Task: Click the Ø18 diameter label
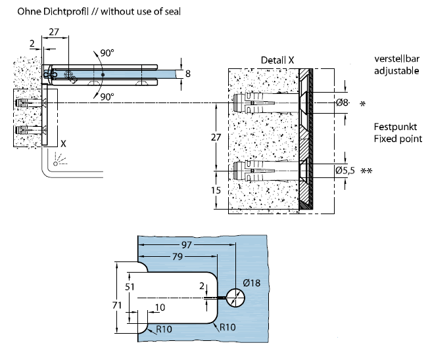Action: pyautogui.click(x=251, y=282)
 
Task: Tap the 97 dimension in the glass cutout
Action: pyautogui.click(x=187, y=244)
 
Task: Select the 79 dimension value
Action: pyautogui.click(x=178, y=256)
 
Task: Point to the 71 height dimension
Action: pyautogui.click(x=117, y=305)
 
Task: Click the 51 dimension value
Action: pyautogui.click(x=130, y=287)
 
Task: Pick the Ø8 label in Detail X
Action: pyautogui.click(x=343, y=102)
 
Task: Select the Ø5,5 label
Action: pyautogui.click(x=345, y=170)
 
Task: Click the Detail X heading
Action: pyautogui.click(x=277, y=60)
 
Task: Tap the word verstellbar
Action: pyautogui.click(x=397, y=59)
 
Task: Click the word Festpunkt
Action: pyautogui.click(x=395, y=127)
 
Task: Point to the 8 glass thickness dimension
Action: pyautogui.click(x=188, y=74)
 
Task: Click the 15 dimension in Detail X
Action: pyautogui.click(x=216, y=190)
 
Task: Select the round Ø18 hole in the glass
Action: pyautogui.click(x=235, y=298)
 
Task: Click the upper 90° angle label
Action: pyautogui.click(x=107, y=53)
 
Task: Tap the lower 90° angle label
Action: pyautogui.click(x=107, y=97)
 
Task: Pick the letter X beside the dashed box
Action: pyautogui.click(x=63, y=144)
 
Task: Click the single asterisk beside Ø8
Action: pyautogui.click(x=362, y=104)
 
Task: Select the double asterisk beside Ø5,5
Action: pyautogui.click(x=366, y=171)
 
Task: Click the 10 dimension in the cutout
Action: pyautogui.click(x=160, y=307)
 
